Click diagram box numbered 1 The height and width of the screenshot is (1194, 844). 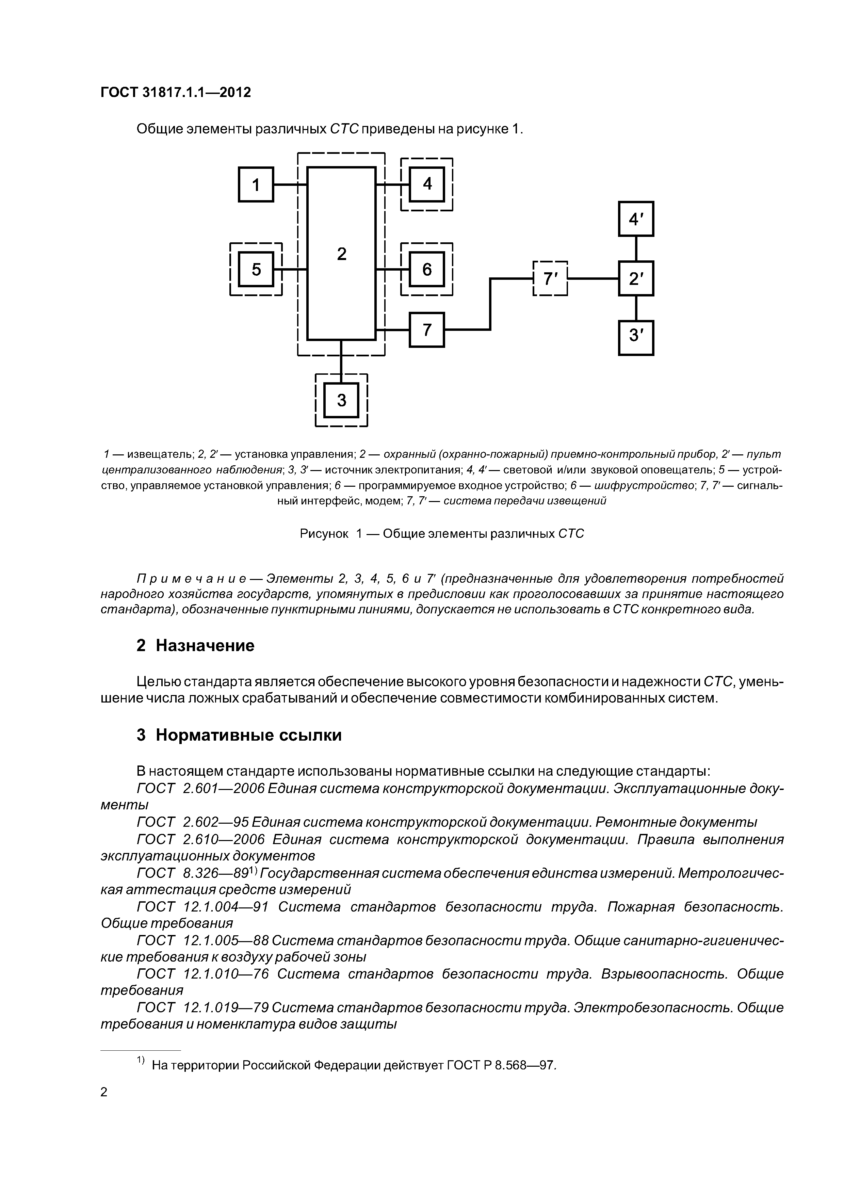[x=256, y=184]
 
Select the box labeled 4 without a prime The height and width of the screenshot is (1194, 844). [x=427, y=184]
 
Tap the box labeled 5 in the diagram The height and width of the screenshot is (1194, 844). [x=256, y=269]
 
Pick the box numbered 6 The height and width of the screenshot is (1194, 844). [x=427, y=269]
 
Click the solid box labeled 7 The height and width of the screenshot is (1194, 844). [x=427, y=330]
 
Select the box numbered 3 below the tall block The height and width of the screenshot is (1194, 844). [x=342, y=400]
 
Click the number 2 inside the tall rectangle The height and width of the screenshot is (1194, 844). [x=342, y=254]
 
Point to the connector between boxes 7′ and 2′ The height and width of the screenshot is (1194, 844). [x=593, y=279]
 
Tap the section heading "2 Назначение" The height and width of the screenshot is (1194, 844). [x=196, y=645]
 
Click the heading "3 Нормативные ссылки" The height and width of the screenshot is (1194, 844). [x=239, y=735]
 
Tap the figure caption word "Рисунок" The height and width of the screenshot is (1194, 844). [x=324, y=534]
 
